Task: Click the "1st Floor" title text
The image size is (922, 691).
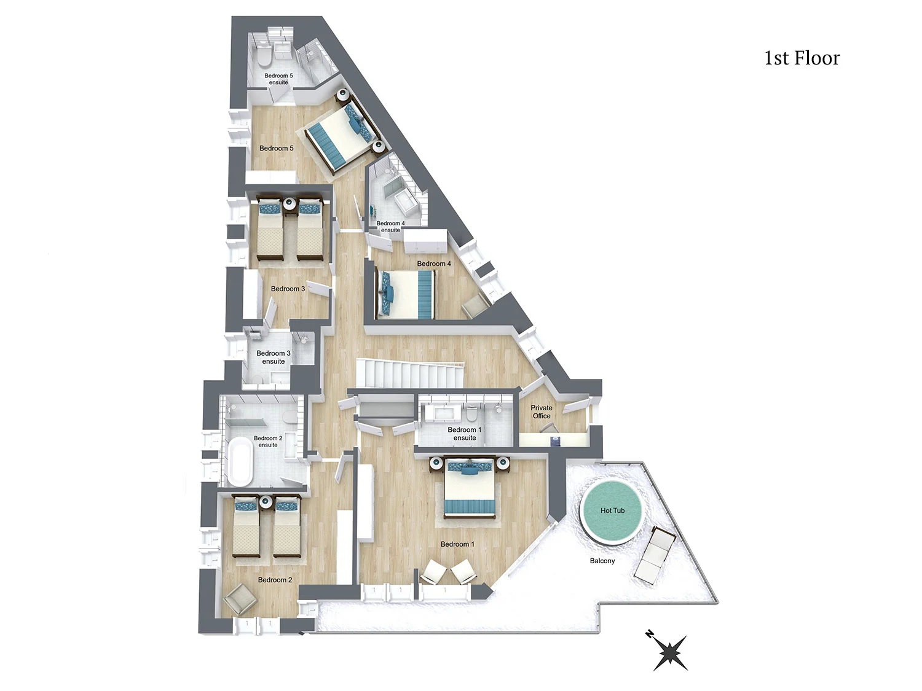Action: (x=802, y=58)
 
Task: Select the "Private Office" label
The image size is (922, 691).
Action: (x=541, y=412)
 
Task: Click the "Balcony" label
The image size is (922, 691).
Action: (x=602, y=561)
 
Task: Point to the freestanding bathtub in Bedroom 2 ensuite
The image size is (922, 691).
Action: (x=240, y=461)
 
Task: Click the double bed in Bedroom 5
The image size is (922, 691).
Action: (x=342, y=133)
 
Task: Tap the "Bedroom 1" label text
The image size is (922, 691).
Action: (x=457, y=544)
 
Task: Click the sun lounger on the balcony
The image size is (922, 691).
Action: (x=655, y=555)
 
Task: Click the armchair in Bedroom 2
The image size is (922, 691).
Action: (x=240, y=599)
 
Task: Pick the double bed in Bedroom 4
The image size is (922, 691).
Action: (x=405, y=295)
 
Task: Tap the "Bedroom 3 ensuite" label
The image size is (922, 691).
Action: (x=274, y=357)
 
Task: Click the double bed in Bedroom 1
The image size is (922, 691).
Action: (x=470, y=486)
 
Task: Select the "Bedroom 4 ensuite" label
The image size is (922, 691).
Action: (x=390, y=227)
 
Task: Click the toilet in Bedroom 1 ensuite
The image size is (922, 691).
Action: (x=471, y=413)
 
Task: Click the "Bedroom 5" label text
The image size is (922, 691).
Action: (x=277, y=148)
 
